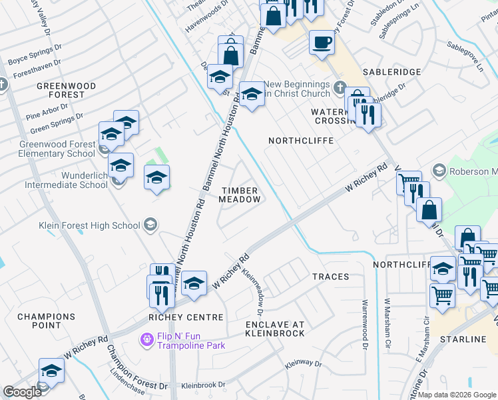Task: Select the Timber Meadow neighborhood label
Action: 240,195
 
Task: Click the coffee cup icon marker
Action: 321,43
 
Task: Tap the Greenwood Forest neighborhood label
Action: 66,91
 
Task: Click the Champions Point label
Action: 46,321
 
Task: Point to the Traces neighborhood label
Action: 330,276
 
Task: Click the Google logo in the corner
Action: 22,392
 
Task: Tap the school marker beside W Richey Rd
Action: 193,283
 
